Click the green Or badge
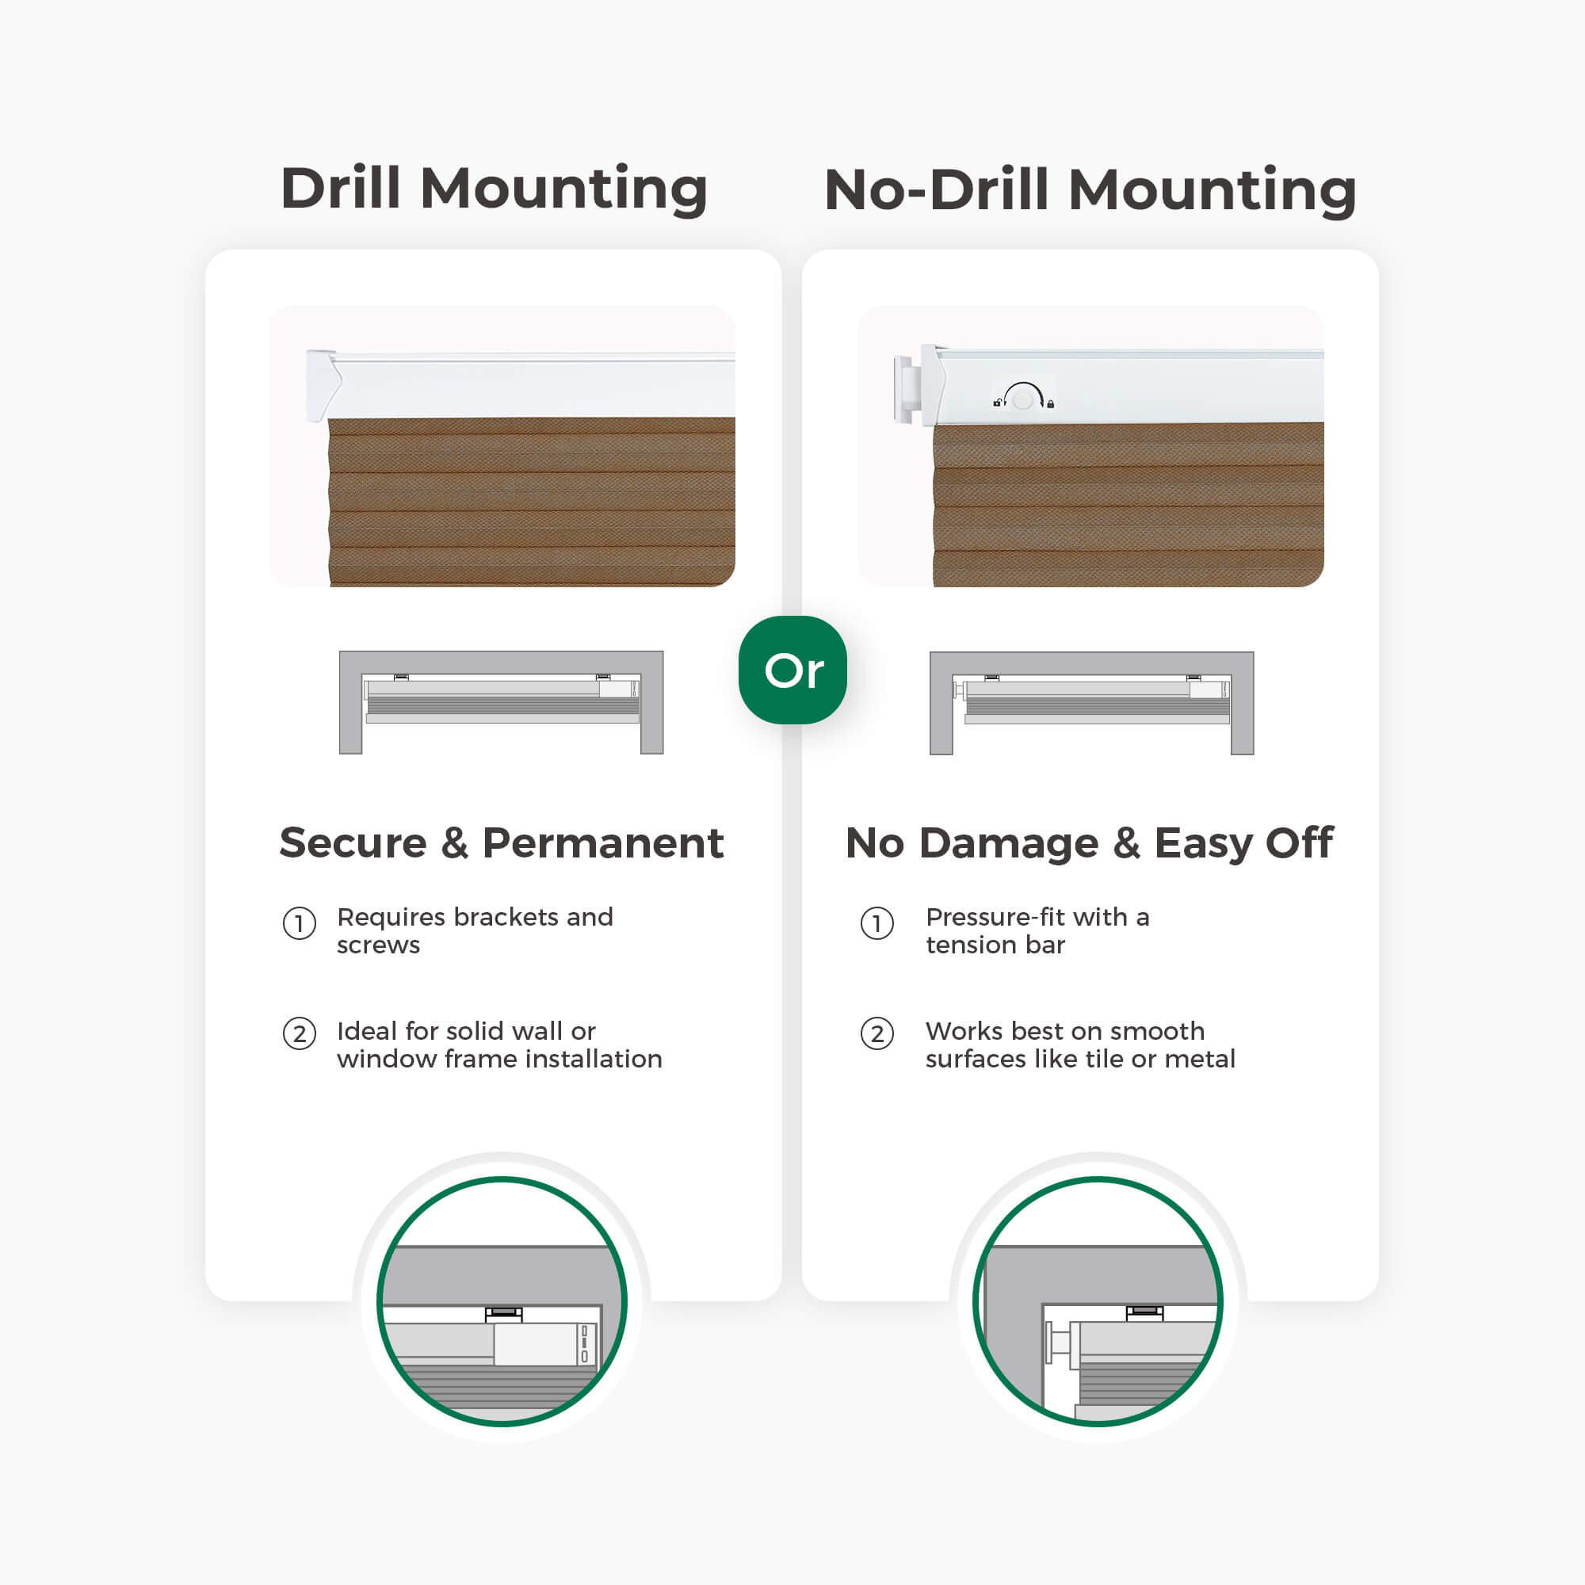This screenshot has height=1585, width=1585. [792, 670]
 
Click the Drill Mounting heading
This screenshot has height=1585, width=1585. [494, 189]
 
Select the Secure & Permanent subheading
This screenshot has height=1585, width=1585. [502, 842]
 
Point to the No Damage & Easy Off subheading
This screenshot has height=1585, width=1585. [1090, 843]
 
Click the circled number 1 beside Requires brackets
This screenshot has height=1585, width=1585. [300, 924]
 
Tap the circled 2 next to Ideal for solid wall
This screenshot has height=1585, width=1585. [300, 1033]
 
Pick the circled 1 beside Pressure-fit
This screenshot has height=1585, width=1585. [877, 924]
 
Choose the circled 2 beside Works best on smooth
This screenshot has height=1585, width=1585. [877, 1033]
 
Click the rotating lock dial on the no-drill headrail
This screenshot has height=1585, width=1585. [1023, 398]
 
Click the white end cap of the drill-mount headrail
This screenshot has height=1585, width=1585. [323, 385]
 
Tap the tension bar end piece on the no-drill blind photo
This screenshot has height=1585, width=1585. [904, 389]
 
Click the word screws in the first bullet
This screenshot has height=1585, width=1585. [378, 945]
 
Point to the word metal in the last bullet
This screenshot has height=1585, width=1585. [1200, 1059]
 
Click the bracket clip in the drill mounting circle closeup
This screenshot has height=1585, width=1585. [504, 1314]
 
